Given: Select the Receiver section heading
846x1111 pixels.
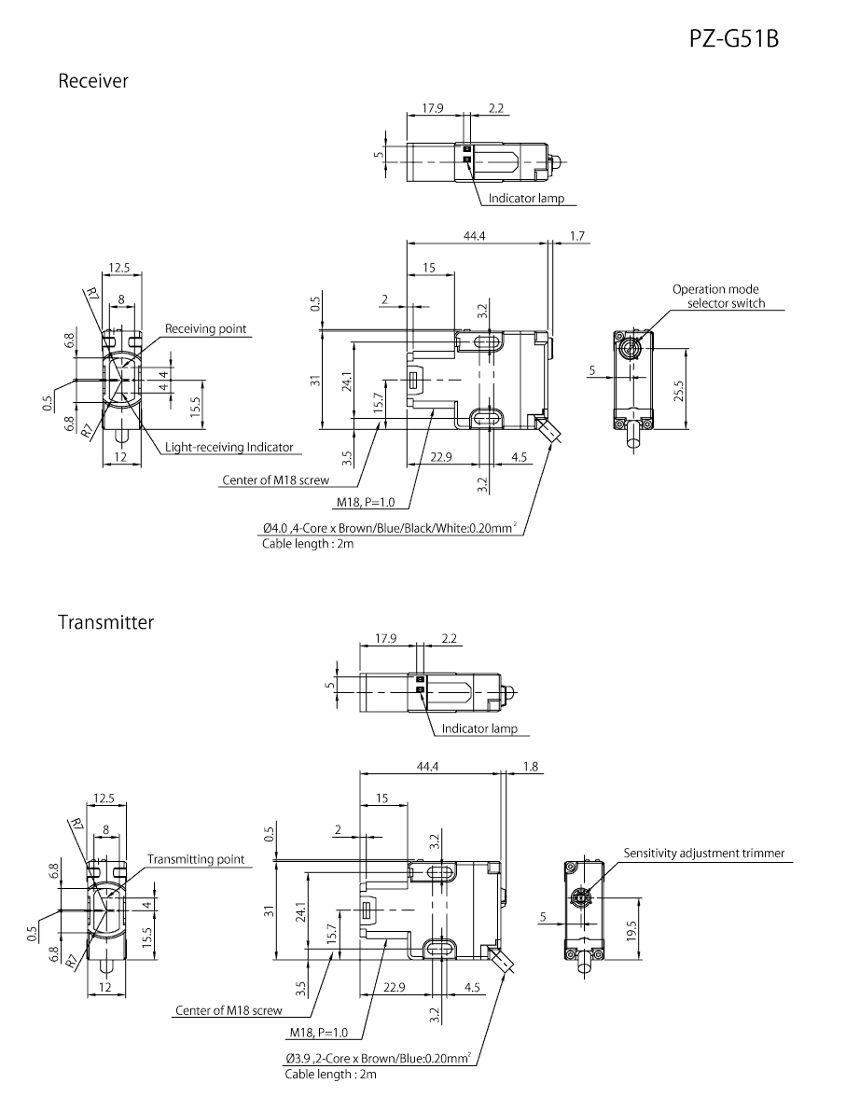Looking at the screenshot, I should coord(93,81).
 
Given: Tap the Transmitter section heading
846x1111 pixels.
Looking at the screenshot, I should coord(105,621).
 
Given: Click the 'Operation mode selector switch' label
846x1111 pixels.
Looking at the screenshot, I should coord(718,297).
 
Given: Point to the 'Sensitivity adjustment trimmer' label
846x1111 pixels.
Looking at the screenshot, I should coord(704,853).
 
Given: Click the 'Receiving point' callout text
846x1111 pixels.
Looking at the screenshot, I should coord(205,328).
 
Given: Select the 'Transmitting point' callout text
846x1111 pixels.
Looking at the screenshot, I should coord(196,859).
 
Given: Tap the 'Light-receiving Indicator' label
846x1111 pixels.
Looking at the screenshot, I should coord(229,448).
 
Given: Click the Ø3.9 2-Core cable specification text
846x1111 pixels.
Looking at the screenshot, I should coord(378,1059).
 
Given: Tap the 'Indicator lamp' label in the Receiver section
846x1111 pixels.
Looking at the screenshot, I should coord(527,198).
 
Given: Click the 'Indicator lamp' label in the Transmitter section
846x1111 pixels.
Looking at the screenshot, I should coord(479,729).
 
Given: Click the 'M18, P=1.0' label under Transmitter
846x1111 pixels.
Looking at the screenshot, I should coord(318,1033).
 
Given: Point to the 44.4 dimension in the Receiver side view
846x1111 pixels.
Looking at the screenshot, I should coord(476,236).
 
